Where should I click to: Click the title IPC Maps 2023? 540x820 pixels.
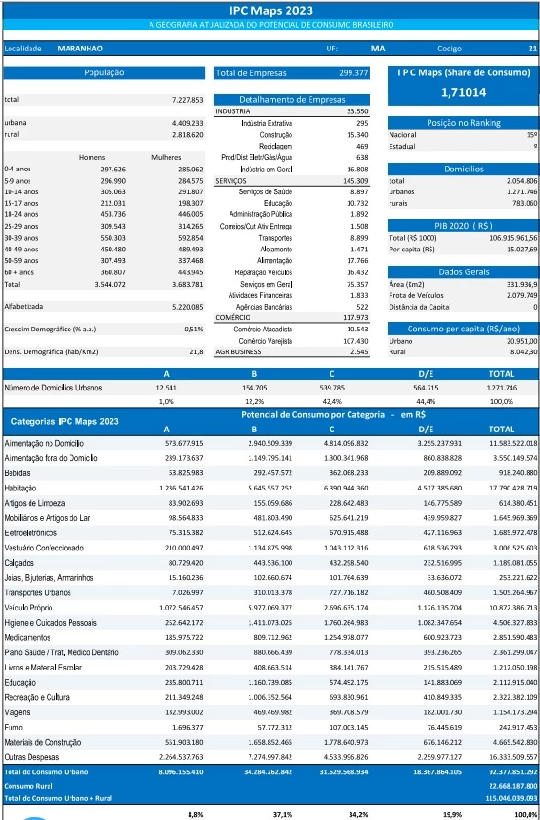270,10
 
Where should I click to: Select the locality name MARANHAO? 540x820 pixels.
80,49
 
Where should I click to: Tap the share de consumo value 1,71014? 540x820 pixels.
463,92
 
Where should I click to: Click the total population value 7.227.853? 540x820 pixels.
188,99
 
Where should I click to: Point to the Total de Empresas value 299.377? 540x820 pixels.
353,73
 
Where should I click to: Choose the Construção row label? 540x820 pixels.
275,135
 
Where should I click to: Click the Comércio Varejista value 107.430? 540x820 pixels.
356,341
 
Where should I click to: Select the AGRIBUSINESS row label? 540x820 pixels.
238,352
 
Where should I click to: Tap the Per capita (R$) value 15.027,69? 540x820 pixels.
521,250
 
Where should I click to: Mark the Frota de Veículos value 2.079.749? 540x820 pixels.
522,295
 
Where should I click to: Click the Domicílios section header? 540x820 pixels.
464,169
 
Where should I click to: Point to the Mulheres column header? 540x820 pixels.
167,157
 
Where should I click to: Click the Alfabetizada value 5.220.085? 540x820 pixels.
188,307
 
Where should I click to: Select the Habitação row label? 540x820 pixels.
20,488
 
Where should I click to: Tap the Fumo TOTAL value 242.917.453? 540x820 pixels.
515,727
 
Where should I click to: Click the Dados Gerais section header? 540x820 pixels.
464,272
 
